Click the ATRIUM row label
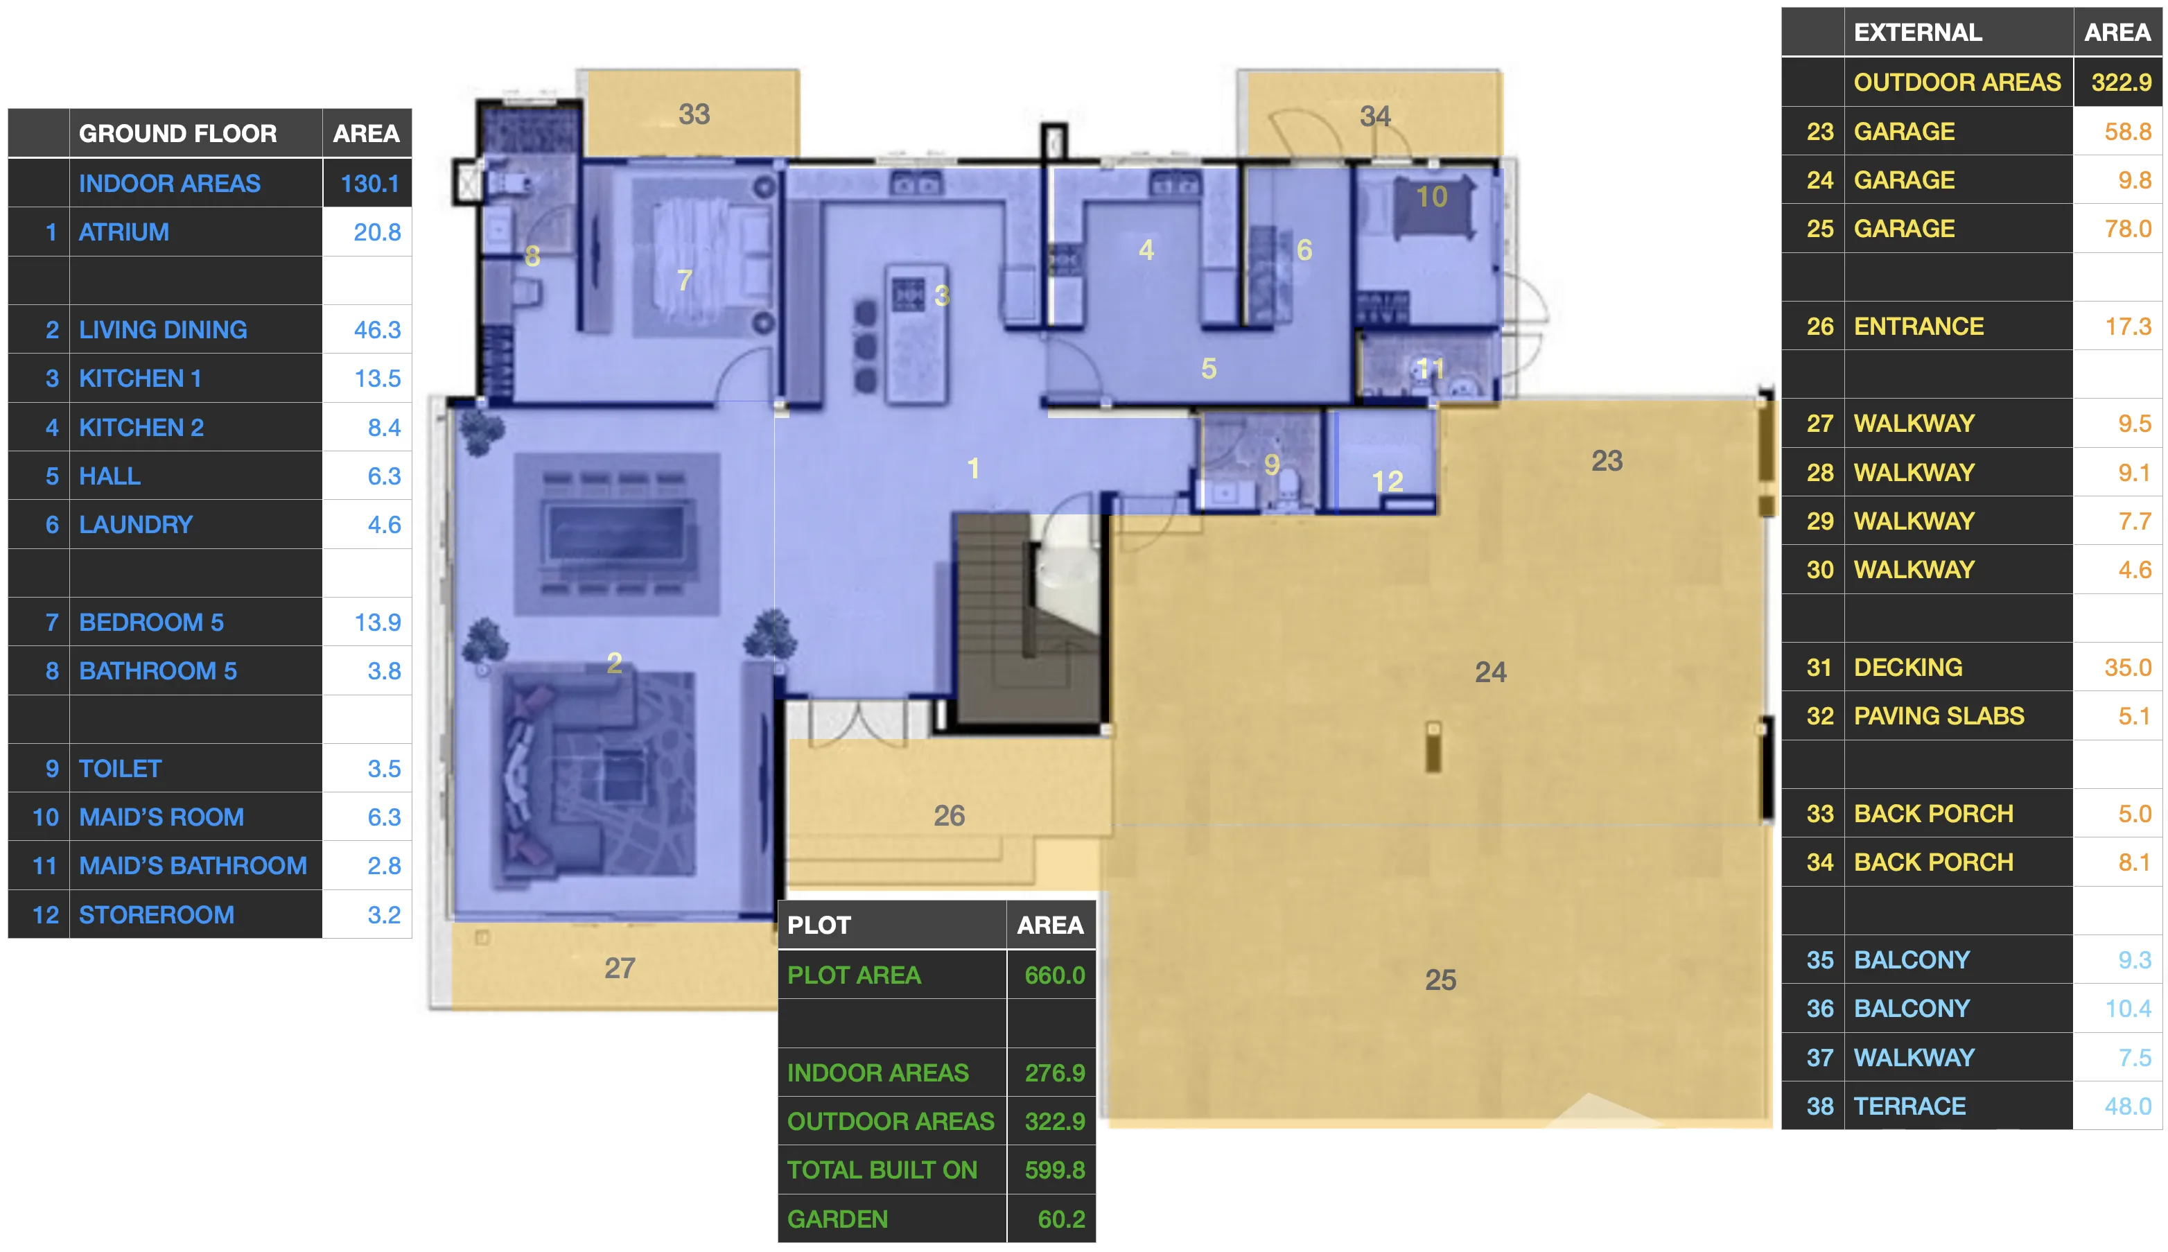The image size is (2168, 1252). pos(124,232)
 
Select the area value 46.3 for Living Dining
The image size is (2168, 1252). pos(377,329)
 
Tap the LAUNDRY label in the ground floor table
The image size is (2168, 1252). pos(136,525)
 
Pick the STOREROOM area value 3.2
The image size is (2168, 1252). pos(384,915)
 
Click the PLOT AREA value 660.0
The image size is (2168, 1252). pos(1055,975)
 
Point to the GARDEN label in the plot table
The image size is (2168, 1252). pos(837,1219)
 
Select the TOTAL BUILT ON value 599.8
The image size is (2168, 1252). pos(1055,1170)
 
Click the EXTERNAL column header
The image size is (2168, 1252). pos(1918,33)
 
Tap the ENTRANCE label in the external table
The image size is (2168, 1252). pos(1918,327)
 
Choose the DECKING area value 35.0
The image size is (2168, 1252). pos(2128,668)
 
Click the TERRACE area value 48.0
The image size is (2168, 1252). pos(2128,1106)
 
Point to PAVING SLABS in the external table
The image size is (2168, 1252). pos(1939,716)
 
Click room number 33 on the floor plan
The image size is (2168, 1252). pos(694,114)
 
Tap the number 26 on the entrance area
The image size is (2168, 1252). pos(949,815)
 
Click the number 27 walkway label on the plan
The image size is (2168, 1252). pos(619,968)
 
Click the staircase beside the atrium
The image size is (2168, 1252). pos(1027,619)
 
